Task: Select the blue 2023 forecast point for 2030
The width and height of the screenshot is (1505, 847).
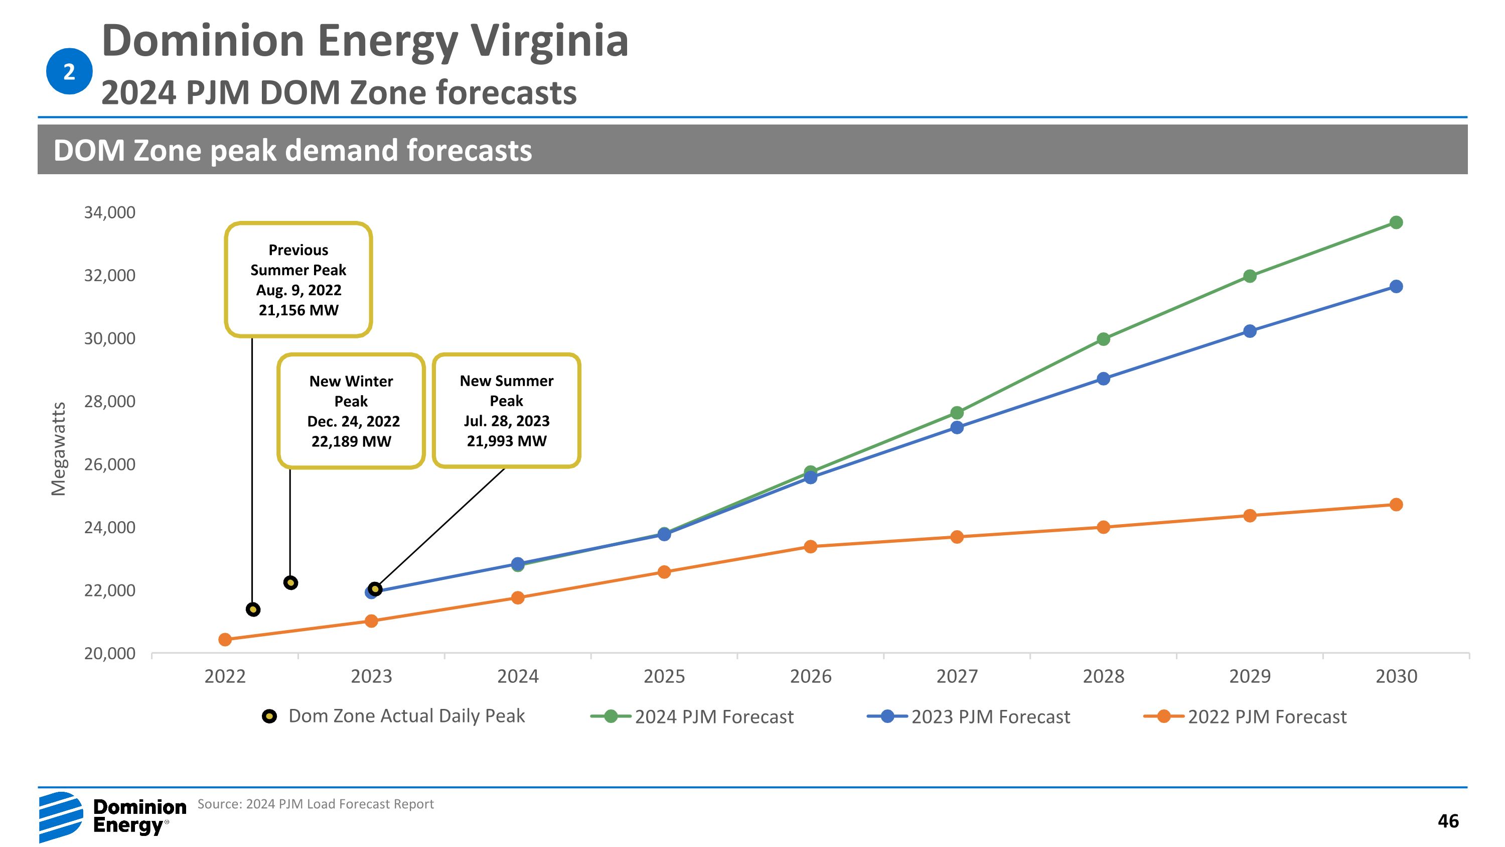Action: [x=1396, y=286]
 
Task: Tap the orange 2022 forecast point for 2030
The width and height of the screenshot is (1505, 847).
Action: [x=1396, y=505]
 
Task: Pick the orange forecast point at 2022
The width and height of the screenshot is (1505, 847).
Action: [x=225, y=640]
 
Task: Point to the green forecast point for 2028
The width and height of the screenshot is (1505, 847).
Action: [x=1103, y=339]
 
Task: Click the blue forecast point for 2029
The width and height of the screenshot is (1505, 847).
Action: [x=1250, y=331]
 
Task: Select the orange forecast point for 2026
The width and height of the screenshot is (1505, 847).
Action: [x=810, y=547]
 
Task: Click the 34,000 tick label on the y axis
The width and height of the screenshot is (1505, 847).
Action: [x=110, y=212]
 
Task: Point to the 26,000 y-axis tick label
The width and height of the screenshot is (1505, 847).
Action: [x=110, y=464]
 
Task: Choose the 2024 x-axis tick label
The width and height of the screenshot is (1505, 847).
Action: [x=518, y=676]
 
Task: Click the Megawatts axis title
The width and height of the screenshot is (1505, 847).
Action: [x=58, y=449]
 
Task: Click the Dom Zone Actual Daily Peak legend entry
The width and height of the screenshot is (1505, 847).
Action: [x=394, y=716]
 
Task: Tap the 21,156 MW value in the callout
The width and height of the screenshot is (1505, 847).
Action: [x=298, y=310]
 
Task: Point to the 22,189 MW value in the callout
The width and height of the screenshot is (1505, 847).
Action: [x=351, y=441]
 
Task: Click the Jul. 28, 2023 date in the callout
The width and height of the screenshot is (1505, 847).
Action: [x=507, y=421]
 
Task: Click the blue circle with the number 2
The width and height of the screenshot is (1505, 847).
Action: [x=69, y=71]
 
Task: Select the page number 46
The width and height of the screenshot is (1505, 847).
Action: [x=1448, y=821]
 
